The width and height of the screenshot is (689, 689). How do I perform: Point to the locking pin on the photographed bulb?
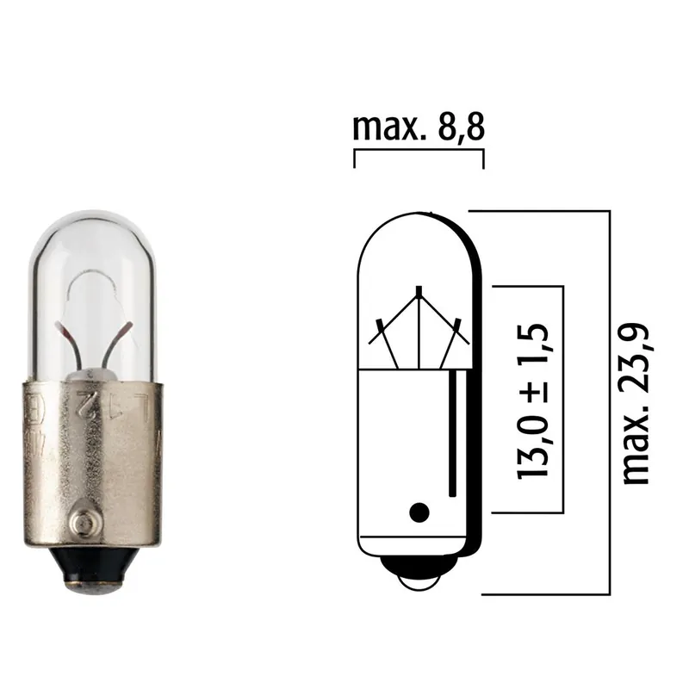[83, 524]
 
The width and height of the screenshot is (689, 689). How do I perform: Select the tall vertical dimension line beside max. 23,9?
[609, 401]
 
